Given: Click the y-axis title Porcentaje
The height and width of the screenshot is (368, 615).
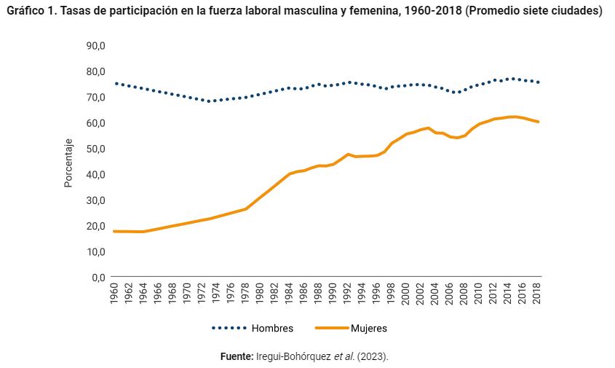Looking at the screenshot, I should click(x=68, y=162).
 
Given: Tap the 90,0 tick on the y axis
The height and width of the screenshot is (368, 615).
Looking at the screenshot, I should click(x=96, y=45).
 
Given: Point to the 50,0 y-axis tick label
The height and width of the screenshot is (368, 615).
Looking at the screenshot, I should click(x=96, y=149).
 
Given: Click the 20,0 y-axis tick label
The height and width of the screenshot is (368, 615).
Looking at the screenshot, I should click(x=96, y=226).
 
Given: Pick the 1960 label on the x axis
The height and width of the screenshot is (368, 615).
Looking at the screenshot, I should click(x=114, y=294).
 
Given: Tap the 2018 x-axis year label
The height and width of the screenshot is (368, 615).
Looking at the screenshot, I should click(x=538, y=294).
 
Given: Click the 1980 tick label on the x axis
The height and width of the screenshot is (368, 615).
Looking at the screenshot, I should click(x=260, y=294).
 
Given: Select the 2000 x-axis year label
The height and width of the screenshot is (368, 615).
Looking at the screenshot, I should click(x=406, y=294).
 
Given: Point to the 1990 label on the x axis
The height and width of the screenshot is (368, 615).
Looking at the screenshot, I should click(x=333, y=294).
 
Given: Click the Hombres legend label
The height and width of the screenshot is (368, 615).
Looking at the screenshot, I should click(x=272, y=329).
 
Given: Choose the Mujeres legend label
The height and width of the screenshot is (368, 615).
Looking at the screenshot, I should click(x=368, y=329).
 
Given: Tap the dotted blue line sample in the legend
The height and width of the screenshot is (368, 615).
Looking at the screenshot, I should click(x=229, y=329).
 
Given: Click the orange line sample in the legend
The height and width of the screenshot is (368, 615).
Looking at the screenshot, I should click(x=330, y=329).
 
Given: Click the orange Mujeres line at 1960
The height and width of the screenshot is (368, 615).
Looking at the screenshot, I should click(x=114, y=231).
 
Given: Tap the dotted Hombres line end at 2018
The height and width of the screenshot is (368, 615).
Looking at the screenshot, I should click(x=538, y=82).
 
